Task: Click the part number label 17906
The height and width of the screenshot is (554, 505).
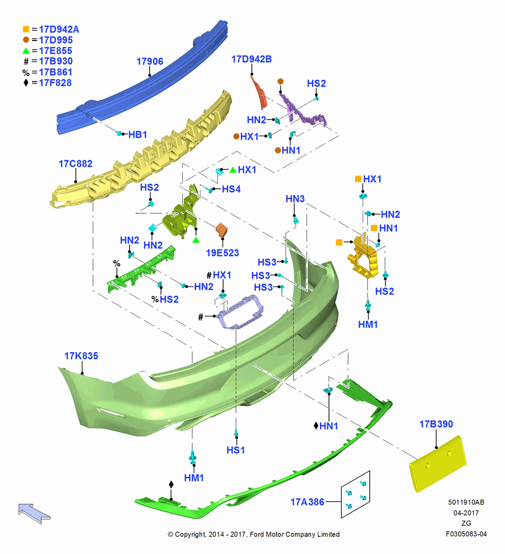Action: pos(150,61)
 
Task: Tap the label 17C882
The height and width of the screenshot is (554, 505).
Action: pos(75,164)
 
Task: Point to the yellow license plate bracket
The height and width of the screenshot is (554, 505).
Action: pos(438,464)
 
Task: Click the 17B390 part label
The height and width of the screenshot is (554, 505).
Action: pos(436,424)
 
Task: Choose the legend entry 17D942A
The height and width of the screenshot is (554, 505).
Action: pos(59,29)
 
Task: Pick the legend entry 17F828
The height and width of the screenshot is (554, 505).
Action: pos(55,83)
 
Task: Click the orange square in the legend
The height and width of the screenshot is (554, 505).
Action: pos(26,29)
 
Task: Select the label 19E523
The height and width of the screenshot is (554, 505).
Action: pos(223,253)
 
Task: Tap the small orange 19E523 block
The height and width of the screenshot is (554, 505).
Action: pos(221,230)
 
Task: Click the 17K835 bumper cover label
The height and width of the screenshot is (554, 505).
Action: pos(81,356)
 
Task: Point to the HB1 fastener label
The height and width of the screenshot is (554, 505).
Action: pos(138,135)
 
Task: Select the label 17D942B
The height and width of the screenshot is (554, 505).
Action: pos(251,59)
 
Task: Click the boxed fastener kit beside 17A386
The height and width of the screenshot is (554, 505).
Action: pos(355,495)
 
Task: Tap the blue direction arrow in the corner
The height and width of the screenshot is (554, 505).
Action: pos(34,513)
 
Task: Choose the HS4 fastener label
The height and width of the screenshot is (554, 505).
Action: pos(231,189)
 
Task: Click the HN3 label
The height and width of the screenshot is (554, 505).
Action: pos(295,199)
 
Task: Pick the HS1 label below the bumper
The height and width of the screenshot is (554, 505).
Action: pos(235,450)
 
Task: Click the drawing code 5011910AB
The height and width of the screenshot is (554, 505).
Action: pos(466,502)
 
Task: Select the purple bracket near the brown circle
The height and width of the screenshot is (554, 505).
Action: pos(302,110)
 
